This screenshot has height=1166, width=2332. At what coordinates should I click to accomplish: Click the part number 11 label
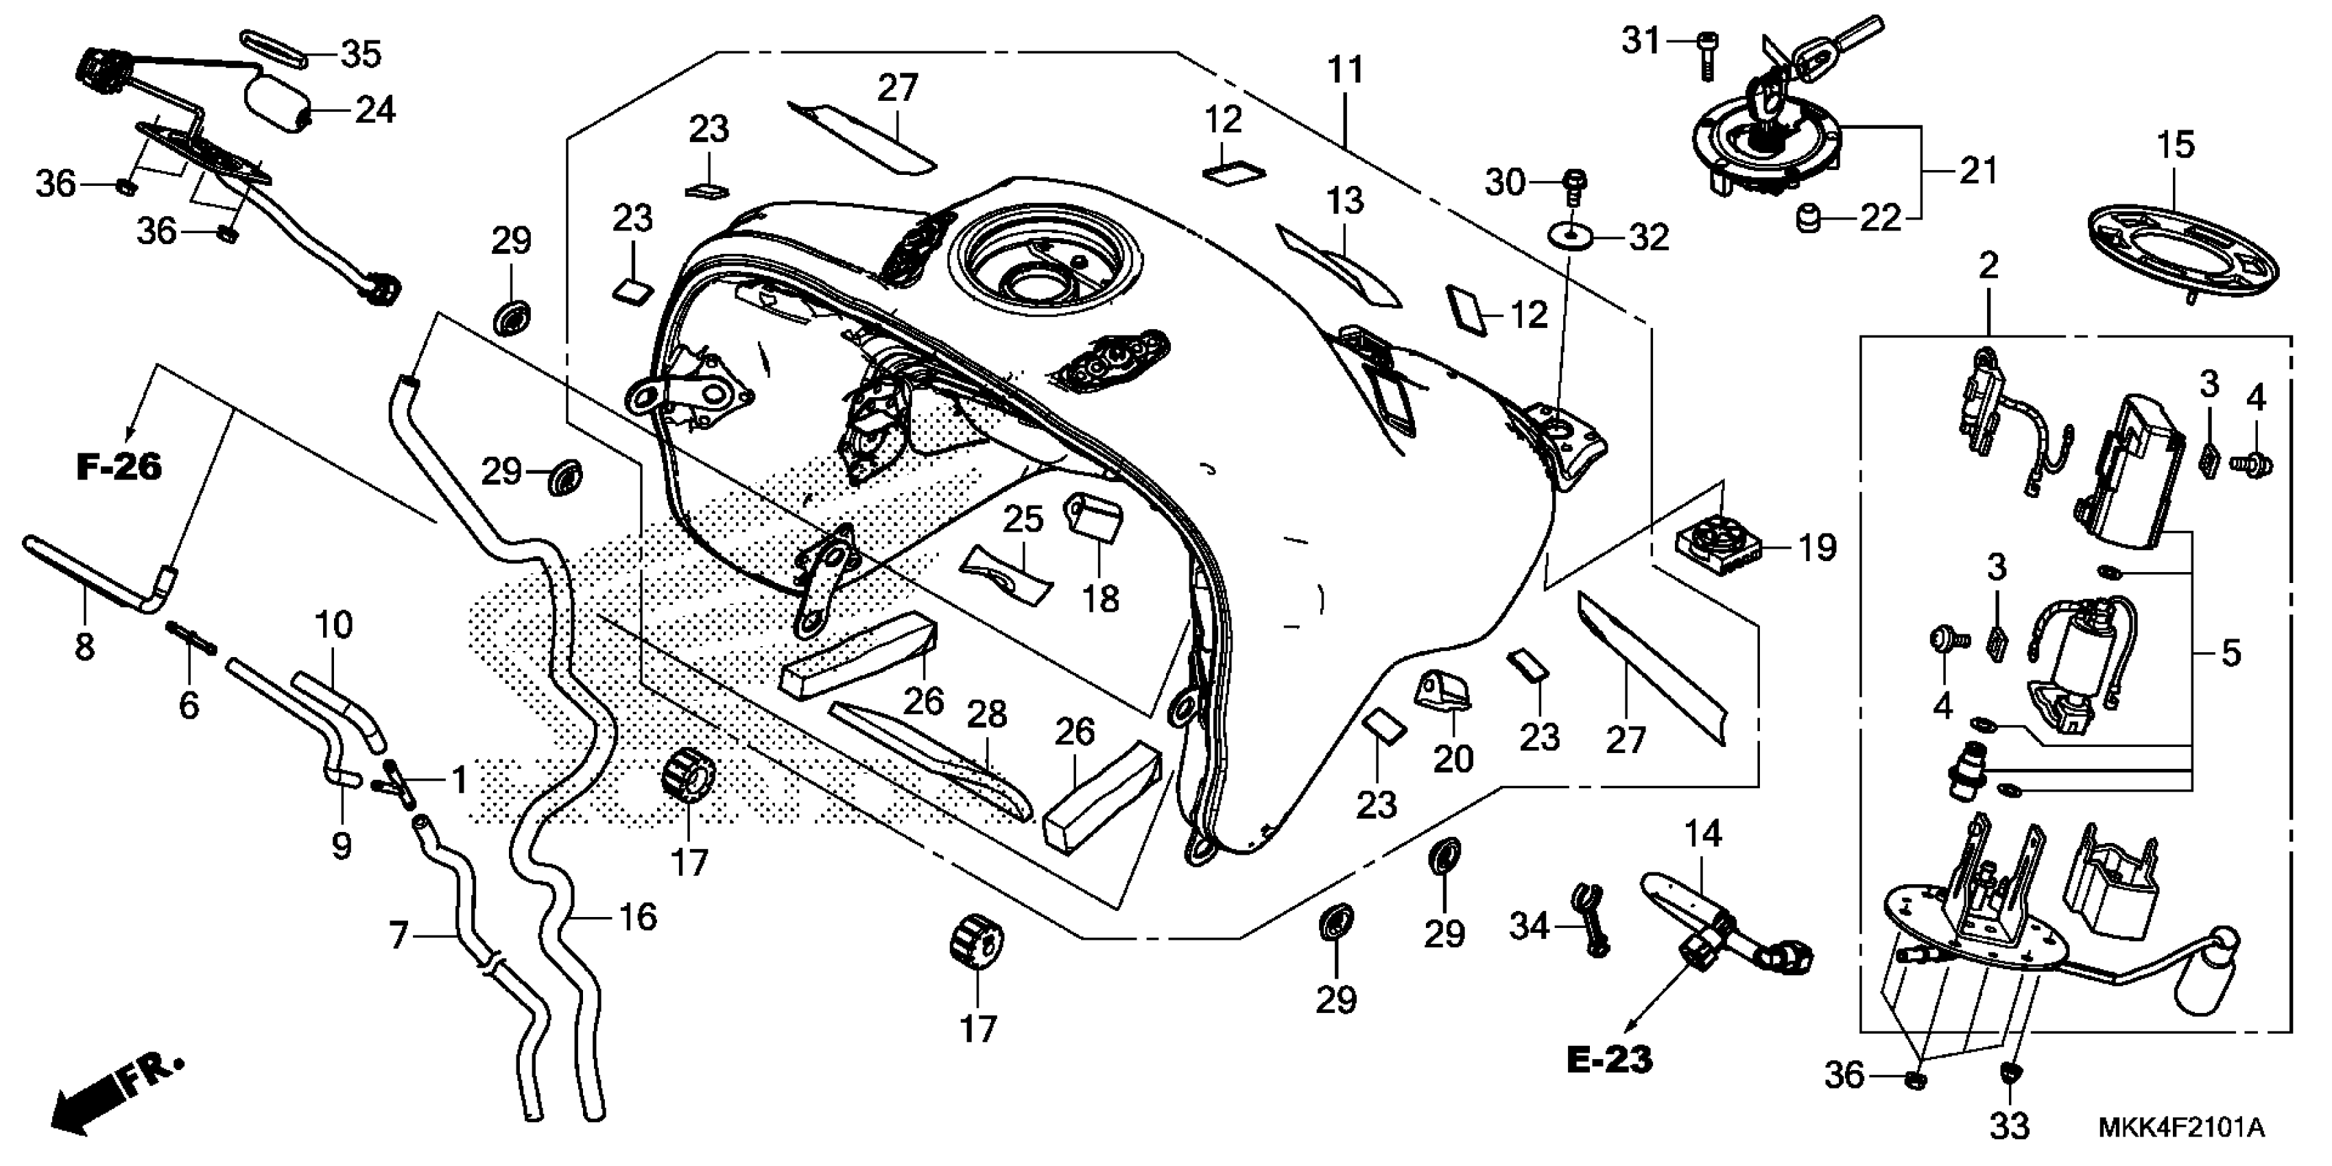pyautogui.click(x=1345, y=71)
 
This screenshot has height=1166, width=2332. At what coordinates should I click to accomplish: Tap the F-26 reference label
pyautogui.click(x=119, y=467)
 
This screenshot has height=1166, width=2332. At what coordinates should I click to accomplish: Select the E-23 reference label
pyautogui.click(x=1610, y=1059)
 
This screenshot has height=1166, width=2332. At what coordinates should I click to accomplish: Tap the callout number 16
pyautogui.click(x=639, y=917)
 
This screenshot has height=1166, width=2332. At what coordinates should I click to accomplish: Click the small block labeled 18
pyautogui.click(x=1095, y=519)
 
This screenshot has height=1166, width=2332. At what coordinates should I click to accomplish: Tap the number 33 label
pyautogui.click(x=2010, y=1126)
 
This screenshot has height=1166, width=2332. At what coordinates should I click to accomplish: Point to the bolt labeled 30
pyautogui.click(x=1575, y=185)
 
